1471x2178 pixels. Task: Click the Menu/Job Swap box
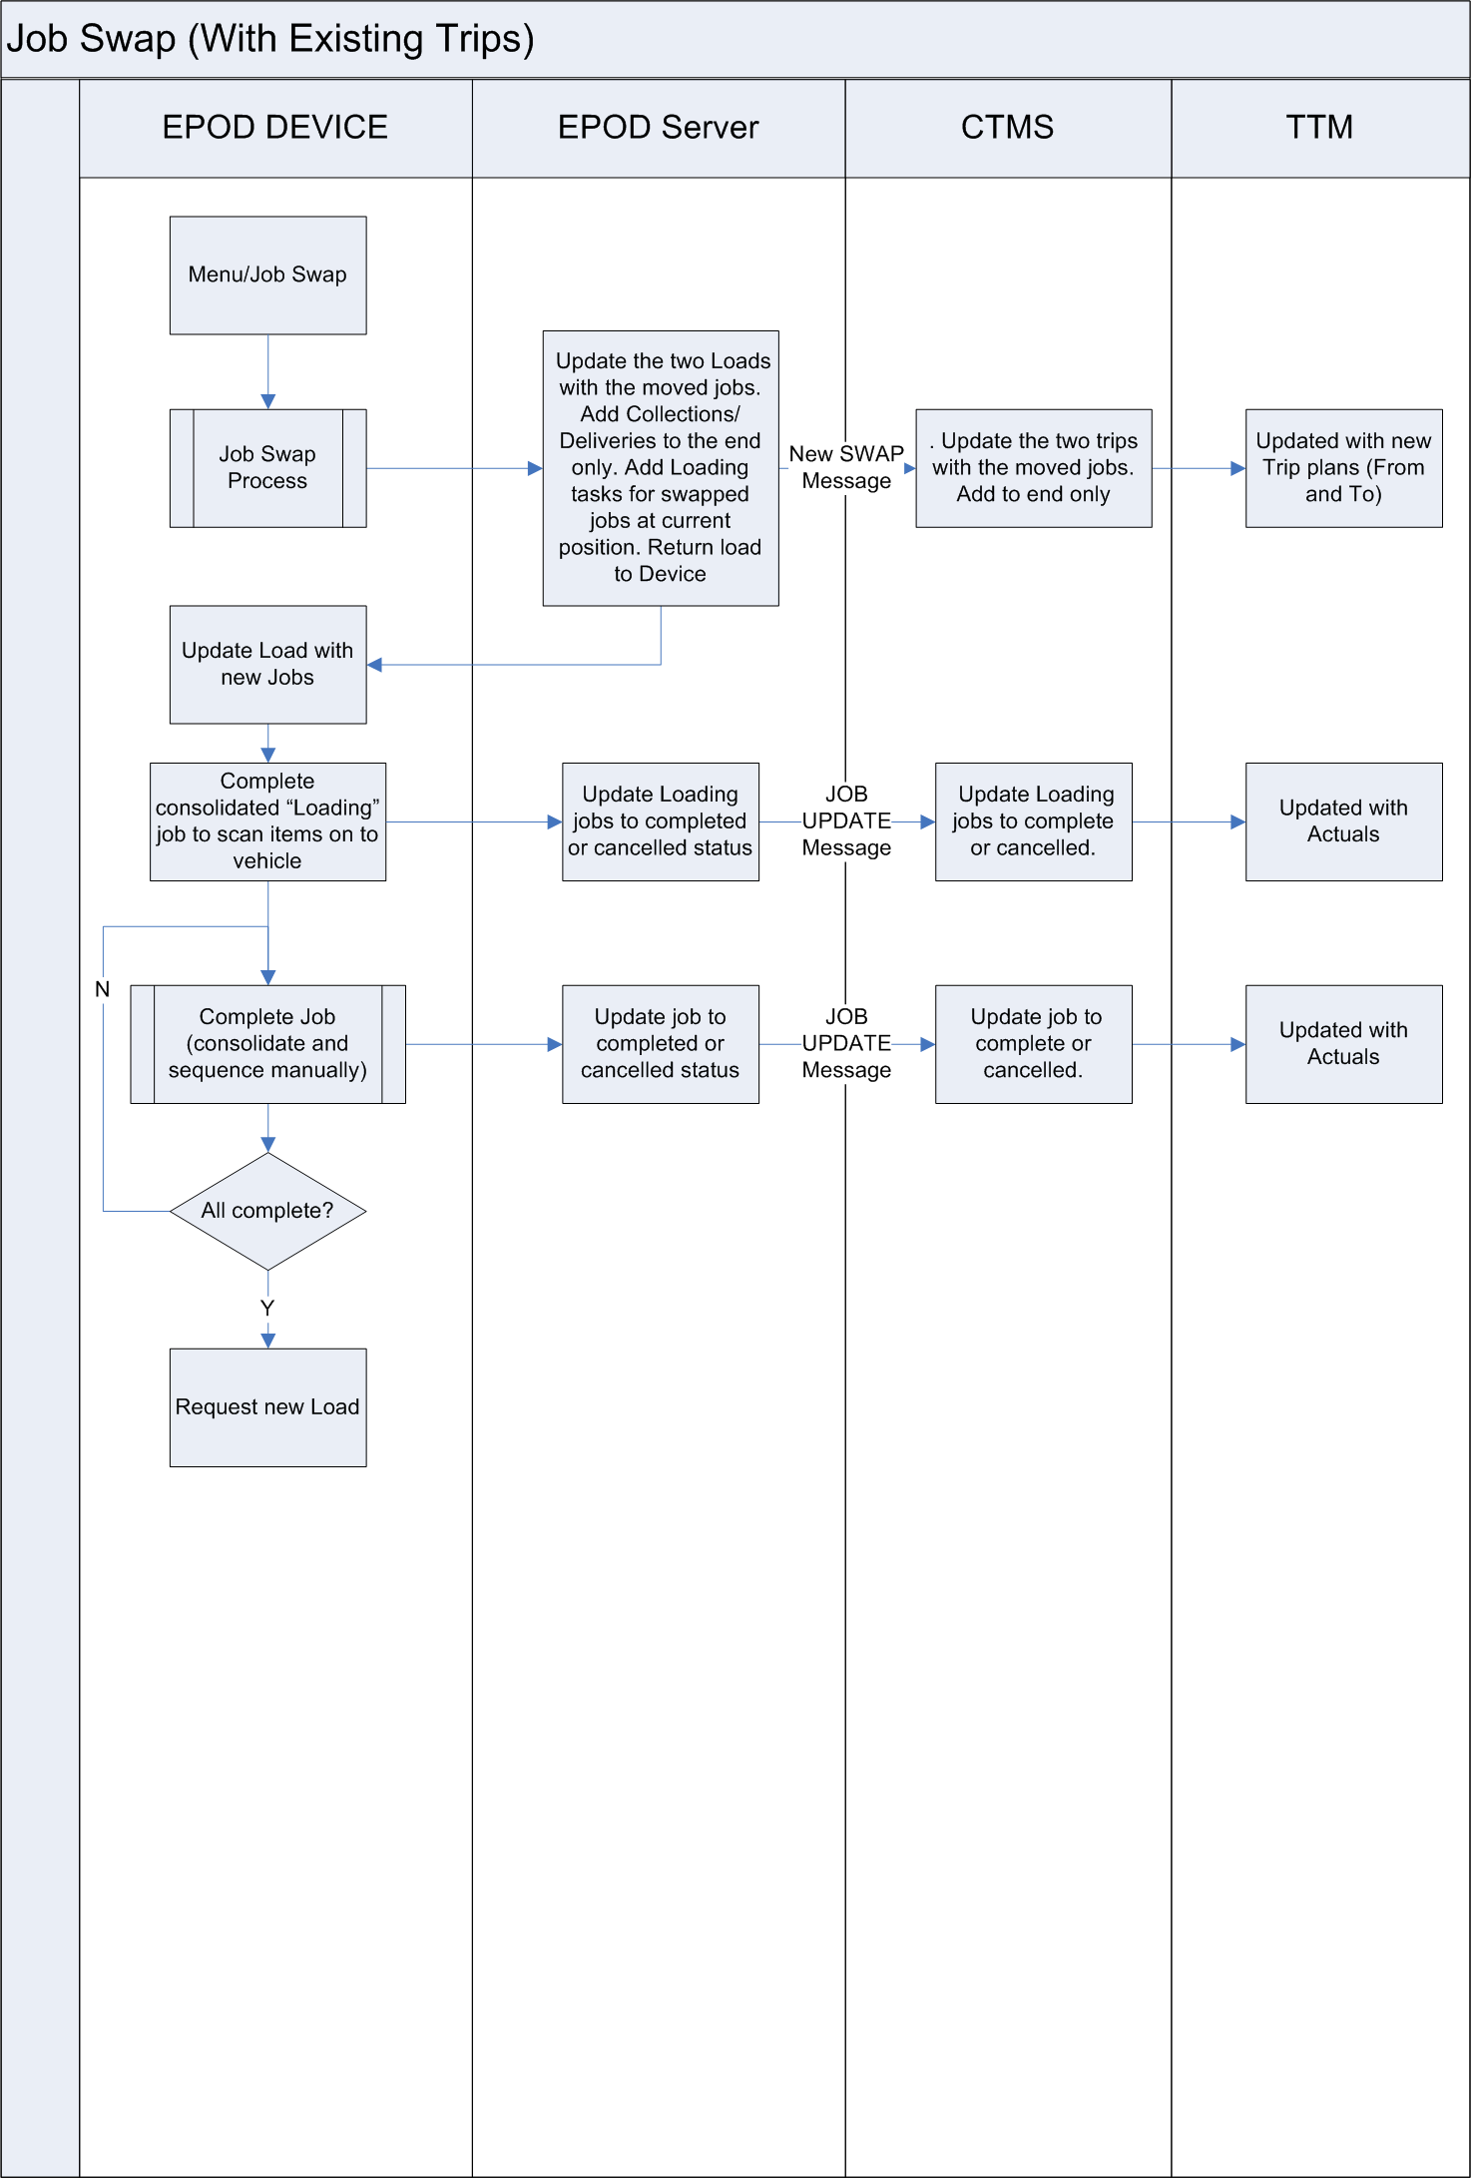point(267,275)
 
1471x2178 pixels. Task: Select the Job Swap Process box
point(267,468)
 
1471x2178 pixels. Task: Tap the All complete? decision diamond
point(267,1211)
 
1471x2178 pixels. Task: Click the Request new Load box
point(267,1407)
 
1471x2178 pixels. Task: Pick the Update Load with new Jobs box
point(267,665)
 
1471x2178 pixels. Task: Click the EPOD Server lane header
point(659,128)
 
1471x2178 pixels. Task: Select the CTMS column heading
point(1008,128)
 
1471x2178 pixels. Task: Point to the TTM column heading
point(1320,128)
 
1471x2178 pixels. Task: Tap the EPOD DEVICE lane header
point(275,128)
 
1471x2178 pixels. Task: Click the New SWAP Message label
point(846,467)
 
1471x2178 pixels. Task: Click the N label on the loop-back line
point(102,989)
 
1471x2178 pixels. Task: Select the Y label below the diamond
point(267,1308)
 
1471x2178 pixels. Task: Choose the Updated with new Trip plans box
point(1343,468)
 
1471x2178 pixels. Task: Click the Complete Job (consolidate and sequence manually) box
point(267,1044)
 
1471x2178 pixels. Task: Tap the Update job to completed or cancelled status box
point(661,1044)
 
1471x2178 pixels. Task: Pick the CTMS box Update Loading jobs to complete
point(1033,821)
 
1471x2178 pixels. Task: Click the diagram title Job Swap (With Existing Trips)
point(270,39)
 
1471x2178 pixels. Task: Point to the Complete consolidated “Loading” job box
point(267,821)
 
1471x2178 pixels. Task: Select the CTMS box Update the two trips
point(1033,468)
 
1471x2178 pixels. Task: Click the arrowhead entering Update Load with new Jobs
point(374,665)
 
